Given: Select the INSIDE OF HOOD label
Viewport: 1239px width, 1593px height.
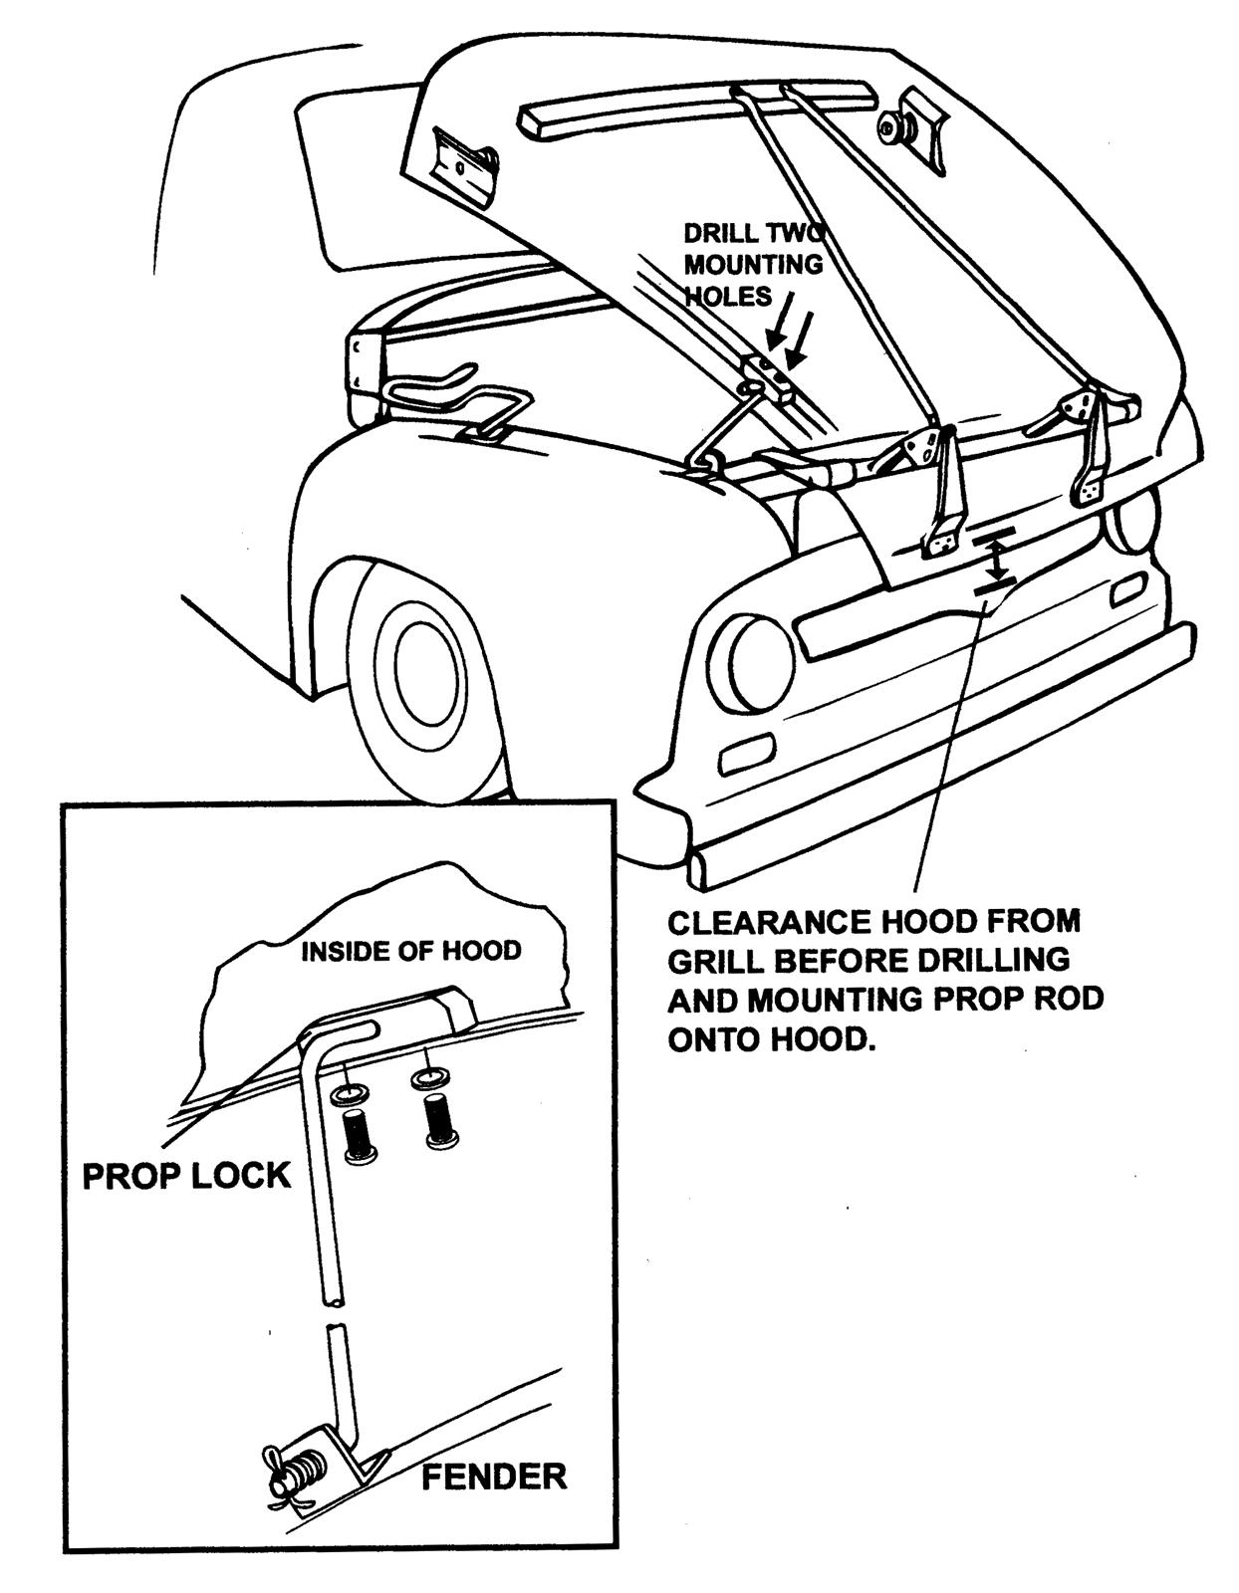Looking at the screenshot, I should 410,951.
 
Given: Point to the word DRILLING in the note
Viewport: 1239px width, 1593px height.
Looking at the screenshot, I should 980,960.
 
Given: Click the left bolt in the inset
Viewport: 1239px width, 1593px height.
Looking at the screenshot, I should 359,1133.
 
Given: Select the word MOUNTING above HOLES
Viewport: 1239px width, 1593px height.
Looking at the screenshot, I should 753,265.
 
